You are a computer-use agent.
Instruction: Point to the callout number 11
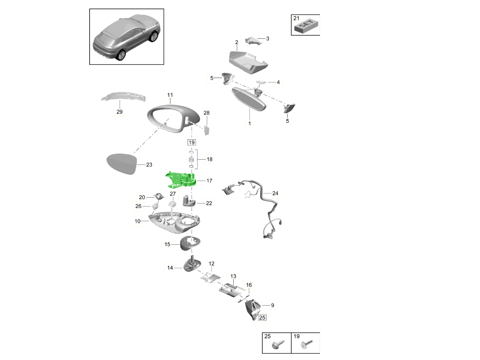pyautogui.click(x=170, y=95)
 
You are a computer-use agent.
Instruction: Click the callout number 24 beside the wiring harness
pyautogui.click(x=275, y=193)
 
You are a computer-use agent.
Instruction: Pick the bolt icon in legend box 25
pyautogui.click(x=278, y=344)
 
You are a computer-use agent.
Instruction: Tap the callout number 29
pyautogui.click(x=119, y=112)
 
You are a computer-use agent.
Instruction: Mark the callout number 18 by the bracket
pyautogui.click(x=210, y=159)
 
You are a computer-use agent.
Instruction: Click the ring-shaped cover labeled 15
pyautogui.click(x=189, y=243)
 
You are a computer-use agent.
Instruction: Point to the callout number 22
pyautogui.click(x=209, y=203)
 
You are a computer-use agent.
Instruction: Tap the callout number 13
pyautogui.click(x=233, y=276)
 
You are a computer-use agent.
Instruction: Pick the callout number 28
pyautogui.click(x=206, y=113)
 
